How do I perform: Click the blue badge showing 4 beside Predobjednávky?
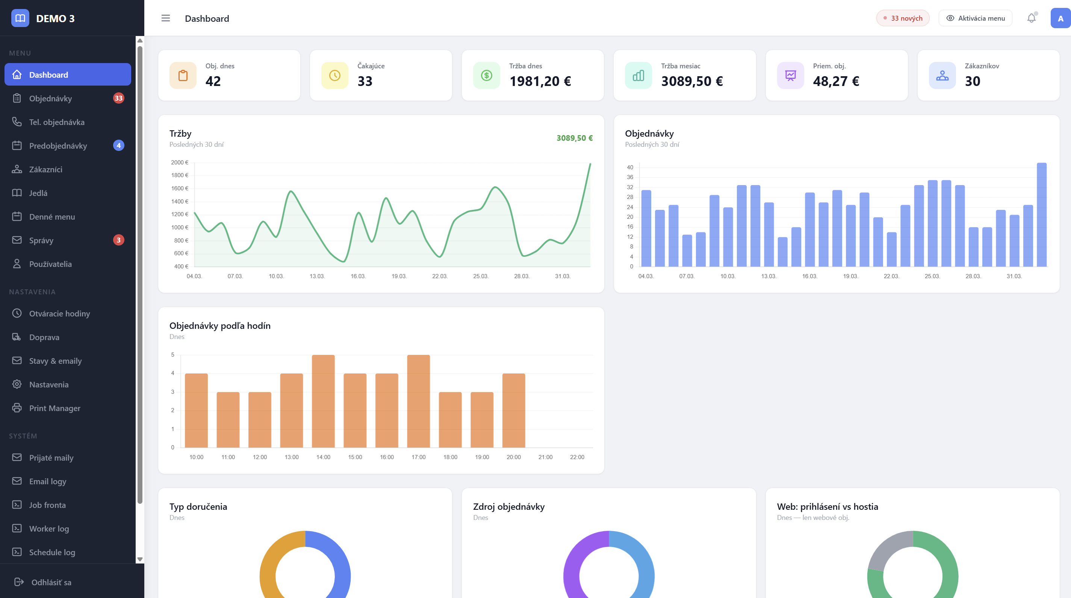[118, 145]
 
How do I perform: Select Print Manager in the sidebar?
[54, 408]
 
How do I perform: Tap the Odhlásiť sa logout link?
[51, 582]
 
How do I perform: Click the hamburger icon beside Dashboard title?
[165, 18]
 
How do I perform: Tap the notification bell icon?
[1031, 18]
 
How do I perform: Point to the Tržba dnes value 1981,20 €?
[540, 81]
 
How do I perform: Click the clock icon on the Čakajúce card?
[335, 75]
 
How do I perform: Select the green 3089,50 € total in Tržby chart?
[574, 138]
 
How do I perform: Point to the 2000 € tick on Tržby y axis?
[180, 163]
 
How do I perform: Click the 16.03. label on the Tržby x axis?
[358, 276]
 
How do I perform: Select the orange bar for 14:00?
[323, 401]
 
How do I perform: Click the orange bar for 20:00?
[513, 410]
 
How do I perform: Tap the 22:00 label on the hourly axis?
[577, 457]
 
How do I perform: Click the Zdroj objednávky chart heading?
[508, 507]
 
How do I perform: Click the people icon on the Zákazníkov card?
[942, 75]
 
